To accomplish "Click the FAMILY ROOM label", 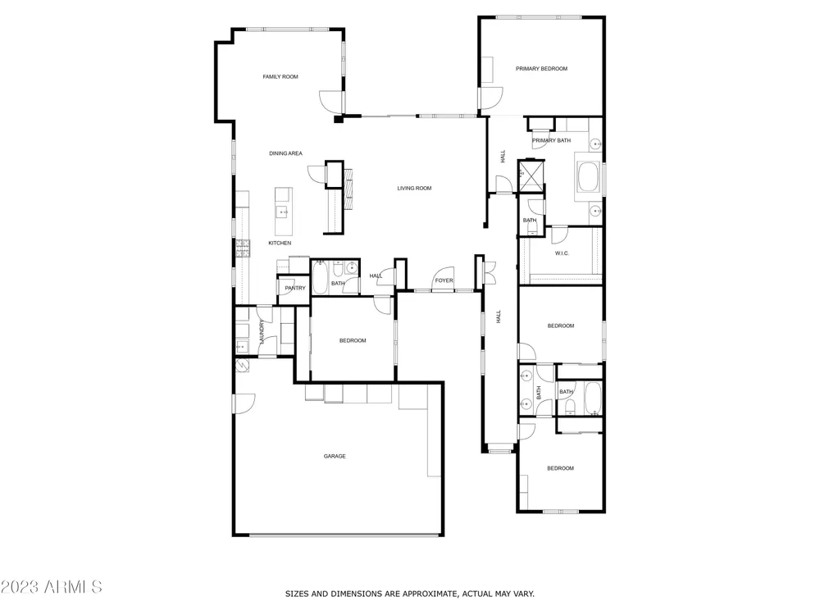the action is coord(280,77).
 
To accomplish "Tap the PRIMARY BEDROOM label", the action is coord(541,69).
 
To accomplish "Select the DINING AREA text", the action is coord(285,153).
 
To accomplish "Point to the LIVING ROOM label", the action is coord(414,189).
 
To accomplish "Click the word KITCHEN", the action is coord(280,244).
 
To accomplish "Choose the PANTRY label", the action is coord(295,288).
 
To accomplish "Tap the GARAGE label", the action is coord(335,457).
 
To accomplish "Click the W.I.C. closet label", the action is coord(562,253).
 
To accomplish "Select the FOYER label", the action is coord(444,280).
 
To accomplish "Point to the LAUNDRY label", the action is coord(262,331).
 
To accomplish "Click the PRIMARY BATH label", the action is coord(551,141).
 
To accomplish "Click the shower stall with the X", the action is coord(531,176).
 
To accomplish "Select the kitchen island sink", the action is coord(282,212).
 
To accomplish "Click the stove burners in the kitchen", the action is coord(242,249).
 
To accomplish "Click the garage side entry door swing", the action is coord(244,403).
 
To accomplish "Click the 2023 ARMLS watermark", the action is coord(51,587).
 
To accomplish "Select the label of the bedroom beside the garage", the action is coord(353,341).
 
